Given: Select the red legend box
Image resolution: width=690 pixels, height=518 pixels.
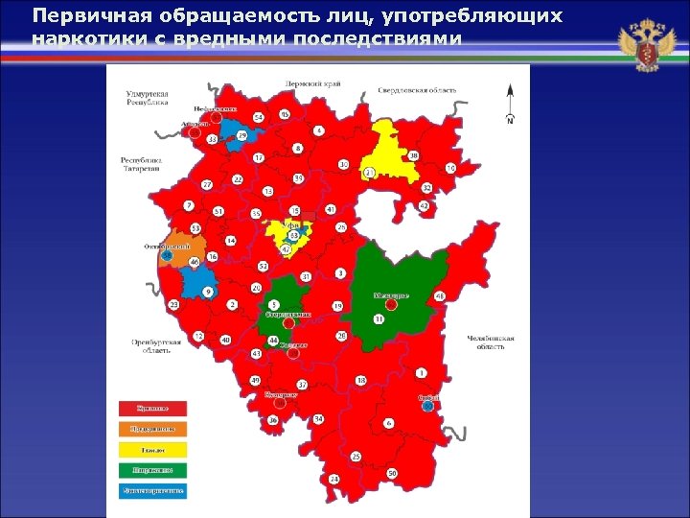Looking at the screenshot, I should pos(152,408).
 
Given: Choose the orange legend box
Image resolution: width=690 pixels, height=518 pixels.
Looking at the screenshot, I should pos(152,429).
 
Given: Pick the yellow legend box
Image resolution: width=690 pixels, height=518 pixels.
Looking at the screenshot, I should pos(152,449).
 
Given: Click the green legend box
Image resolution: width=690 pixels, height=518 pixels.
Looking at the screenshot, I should pos(152,470).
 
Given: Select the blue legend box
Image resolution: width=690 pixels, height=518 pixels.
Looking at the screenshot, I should pos(152,491).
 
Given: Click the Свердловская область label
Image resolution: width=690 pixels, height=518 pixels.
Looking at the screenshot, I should pos(417,90).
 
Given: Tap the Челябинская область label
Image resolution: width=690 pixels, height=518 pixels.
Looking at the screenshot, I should pos(491,342).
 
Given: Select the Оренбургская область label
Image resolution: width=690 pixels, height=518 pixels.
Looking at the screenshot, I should pos(151,346).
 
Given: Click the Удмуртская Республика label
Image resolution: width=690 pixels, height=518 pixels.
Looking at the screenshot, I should pos(147,97).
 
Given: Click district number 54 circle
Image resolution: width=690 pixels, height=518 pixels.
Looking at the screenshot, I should pos(258,117).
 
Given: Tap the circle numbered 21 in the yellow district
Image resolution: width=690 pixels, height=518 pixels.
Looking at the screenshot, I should pos(369,173).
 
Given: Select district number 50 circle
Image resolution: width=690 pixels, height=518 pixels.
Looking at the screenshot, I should pos(392,474).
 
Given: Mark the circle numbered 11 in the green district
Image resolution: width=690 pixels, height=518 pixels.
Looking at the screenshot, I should pos(379,318).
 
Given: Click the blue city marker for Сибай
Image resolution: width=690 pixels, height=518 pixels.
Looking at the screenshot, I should pos(428,406).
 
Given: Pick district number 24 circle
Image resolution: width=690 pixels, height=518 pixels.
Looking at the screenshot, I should pos(333,478).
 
